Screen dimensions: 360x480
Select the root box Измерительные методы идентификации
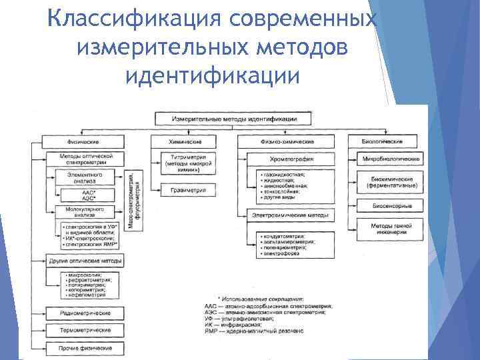pyautogui.click(x=233, y=119)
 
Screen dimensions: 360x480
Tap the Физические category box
pyautogui.click(x=83, y=142)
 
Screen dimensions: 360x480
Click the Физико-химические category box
pyautogui.click(x=287, y=142)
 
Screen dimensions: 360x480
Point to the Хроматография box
pyautogui.click(x=291, y=160)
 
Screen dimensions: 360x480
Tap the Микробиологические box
pyautogui.click(x=391, y=160)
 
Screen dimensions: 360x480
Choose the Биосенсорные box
pyautogui.click(x=391, y=207)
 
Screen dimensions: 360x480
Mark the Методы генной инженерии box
pyautogui.click(x=391, y=229)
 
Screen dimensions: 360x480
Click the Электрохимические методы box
pyautogui.click(x=291, y=215)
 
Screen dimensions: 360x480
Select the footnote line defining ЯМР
pyautogui.click(x=253, y=331)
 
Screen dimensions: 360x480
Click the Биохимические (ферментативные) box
pyautogui.click(x=391, y=183)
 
